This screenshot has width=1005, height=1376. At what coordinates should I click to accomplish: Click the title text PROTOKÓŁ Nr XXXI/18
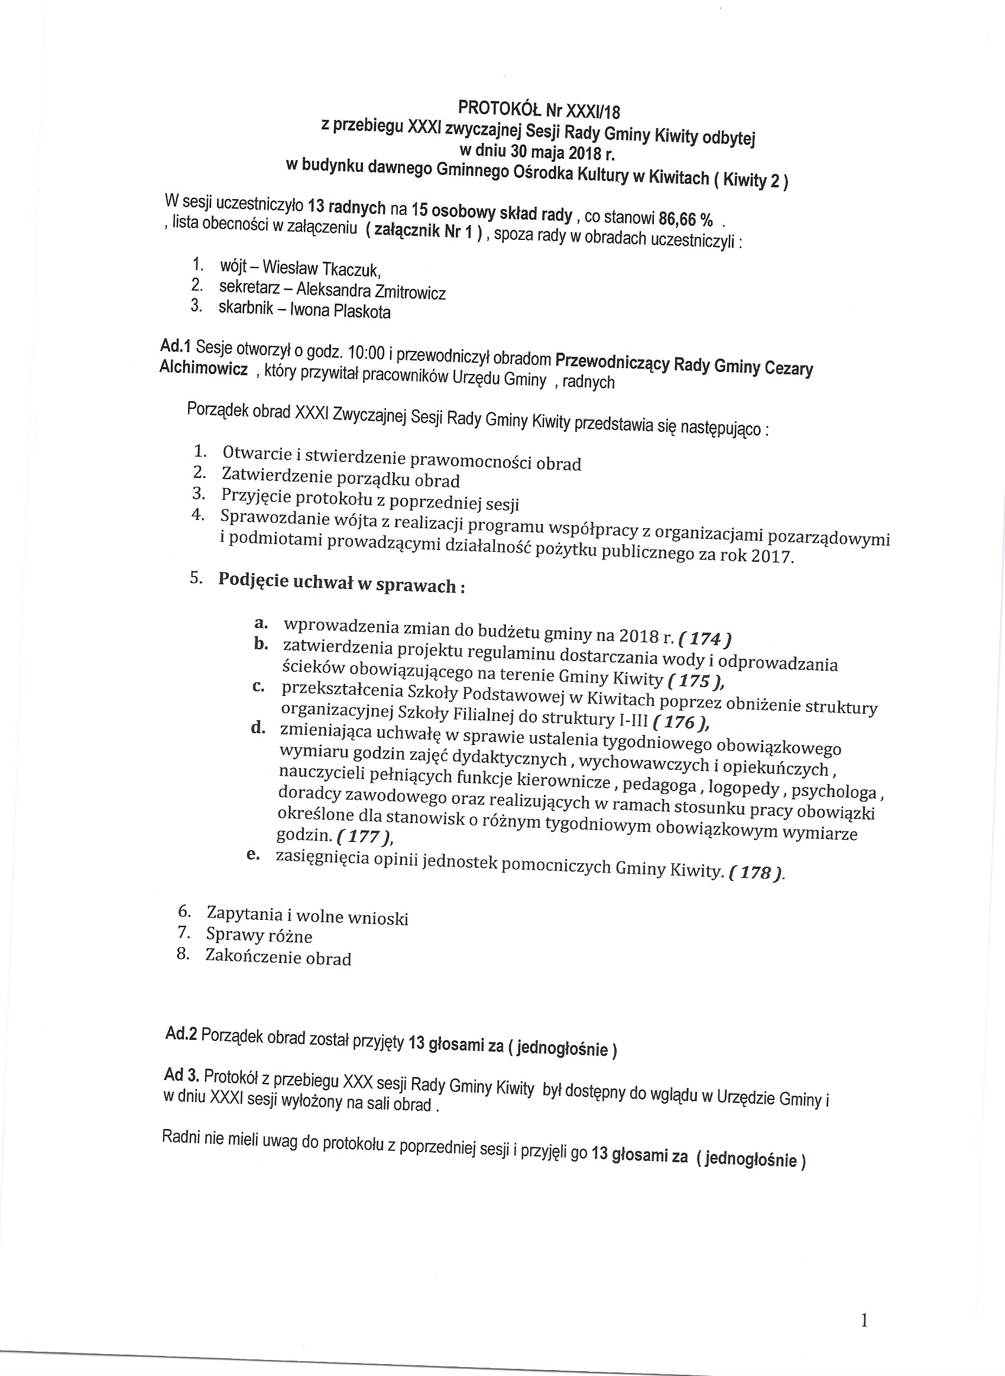539,109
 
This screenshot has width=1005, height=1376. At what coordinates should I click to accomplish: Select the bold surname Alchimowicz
203,368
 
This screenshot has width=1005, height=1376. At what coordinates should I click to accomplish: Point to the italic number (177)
363,837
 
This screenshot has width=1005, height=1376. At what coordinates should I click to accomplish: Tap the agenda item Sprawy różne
259,935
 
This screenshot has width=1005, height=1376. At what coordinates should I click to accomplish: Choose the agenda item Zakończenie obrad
278,958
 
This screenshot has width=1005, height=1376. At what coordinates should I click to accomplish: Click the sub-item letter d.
258,728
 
